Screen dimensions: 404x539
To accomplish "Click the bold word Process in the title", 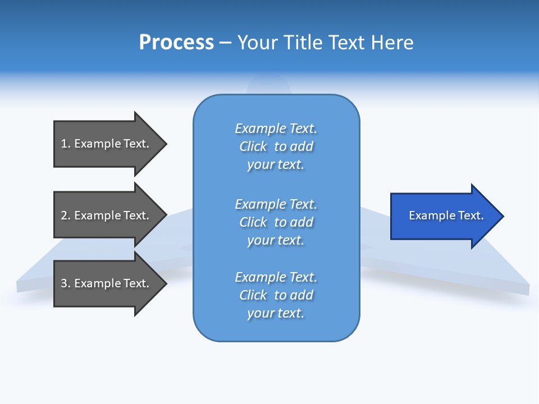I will point(176,43).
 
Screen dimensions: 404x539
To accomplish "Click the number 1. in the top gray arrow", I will point(65,144).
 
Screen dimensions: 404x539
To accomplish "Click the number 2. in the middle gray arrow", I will point(65,215).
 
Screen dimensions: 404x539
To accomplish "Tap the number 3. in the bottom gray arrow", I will point(65,283).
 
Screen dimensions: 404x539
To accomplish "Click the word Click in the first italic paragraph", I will point(253,146).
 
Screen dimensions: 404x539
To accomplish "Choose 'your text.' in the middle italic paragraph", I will point(276,240).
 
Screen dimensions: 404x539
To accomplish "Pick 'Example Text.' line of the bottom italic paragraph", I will point(276,277).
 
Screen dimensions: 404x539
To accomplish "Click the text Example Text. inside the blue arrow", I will point(446,215).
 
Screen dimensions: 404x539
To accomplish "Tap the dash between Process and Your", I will point(225,43).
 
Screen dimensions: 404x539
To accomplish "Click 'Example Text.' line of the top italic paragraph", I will point(276,128).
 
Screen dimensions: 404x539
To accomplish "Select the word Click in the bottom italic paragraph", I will point(253,295).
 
